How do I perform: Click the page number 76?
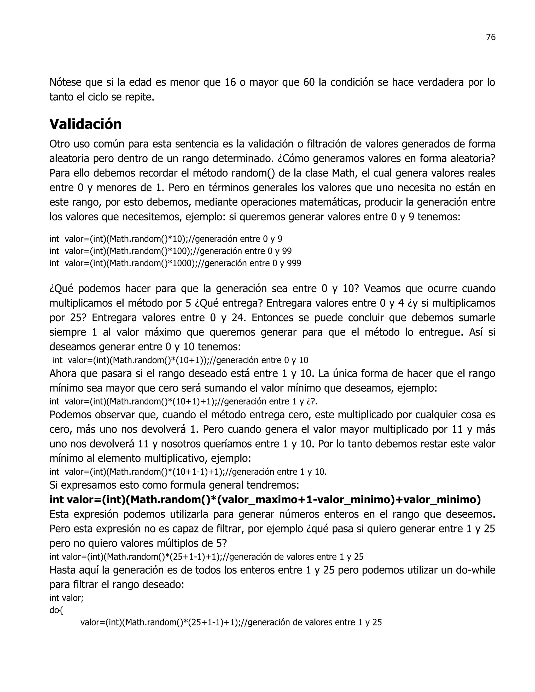tap(490, 37)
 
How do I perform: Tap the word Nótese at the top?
tap(65, 82)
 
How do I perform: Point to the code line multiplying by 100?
tap(171, 251)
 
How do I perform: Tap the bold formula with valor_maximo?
tap(265, 500)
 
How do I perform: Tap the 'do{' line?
tap(56, 610)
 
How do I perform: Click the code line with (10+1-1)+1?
tap(188, 472)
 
